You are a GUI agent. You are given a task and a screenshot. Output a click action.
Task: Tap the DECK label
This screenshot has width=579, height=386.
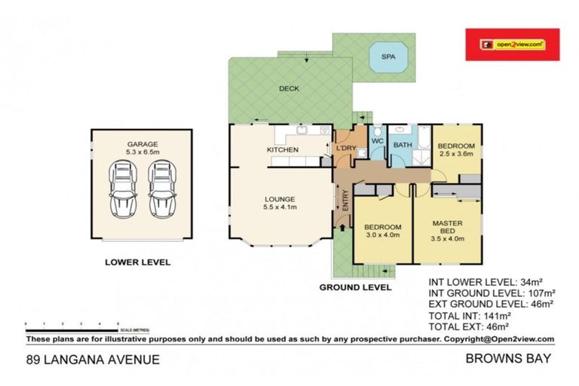pyautogui.click(x=289, y=88)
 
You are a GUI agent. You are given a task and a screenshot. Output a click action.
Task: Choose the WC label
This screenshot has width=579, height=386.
pyautogui.click(x=378, y=141)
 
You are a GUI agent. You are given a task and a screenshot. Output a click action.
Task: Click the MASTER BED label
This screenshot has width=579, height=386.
pyautogui.click(x=447, y=227)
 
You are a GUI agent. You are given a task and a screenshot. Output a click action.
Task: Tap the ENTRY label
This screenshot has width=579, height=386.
pyautogui.click(x=345, y=201)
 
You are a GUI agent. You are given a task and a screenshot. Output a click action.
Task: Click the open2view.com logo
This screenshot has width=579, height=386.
pyautogui.click(x=512, y=44)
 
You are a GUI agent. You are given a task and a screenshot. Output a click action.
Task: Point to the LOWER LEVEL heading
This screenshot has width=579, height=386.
pyautogui.click(x=137, y=263)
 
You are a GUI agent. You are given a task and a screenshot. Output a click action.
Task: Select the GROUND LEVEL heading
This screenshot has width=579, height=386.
pyautogui.click(x=355, y=287)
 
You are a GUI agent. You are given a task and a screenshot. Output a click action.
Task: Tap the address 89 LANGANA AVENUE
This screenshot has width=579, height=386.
pyautogui.click(x=93, y=360)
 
